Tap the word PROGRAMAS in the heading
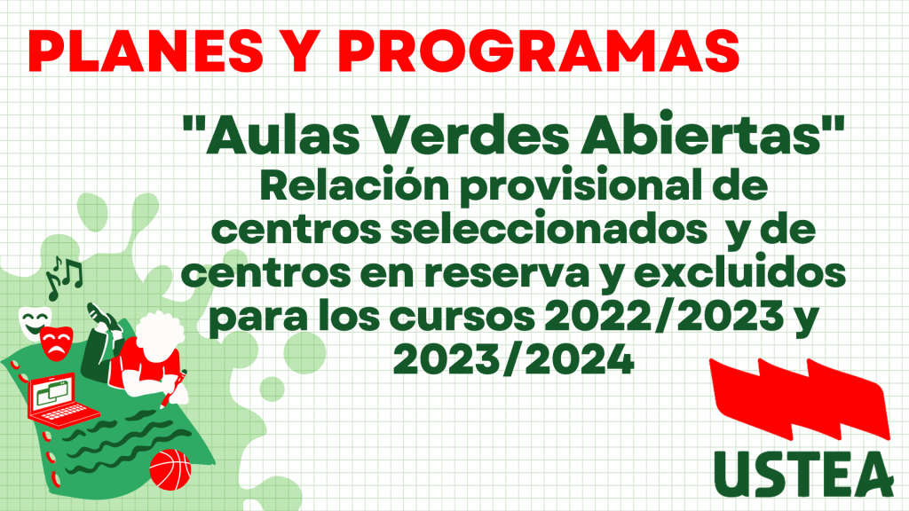pyautogui.click(x=539, y=51)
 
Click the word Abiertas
pyautogui.click(x=702, y=135)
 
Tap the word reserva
pyautogui.click(x=507, y=273)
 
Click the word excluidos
pyautogui.click(x=739, y=271)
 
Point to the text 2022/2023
pyautogui.click(x=664, y=316)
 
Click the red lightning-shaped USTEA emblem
pyautogui.click(x=800, y=397)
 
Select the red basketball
pyautogui.click(x=170, y=469)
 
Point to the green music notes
pyautogui.click(x=64, y=278)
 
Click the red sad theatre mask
pyautogui.click(x=56, y=342)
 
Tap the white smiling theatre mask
pyautogui.click(x=33, y=321)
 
